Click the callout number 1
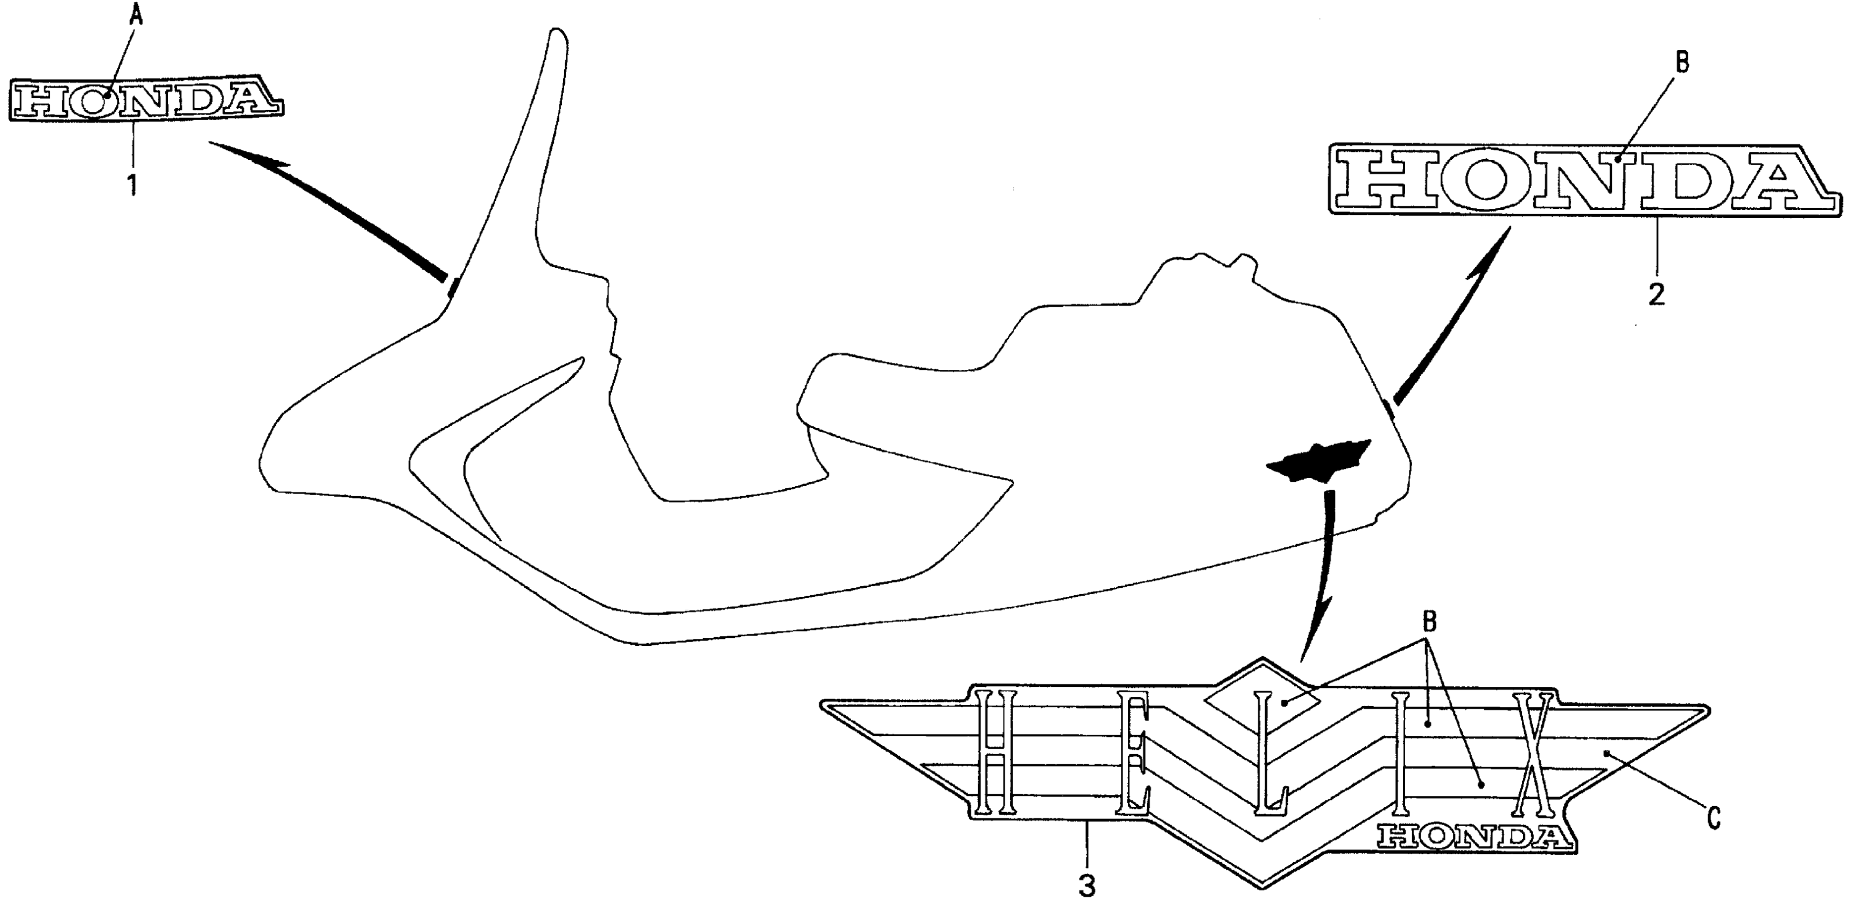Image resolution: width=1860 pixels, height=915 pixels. (132, 185)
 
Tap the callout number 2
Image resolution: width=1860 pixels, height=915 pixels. (1657, 294)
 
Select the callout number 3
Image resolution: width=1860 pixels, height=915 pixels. (1087, 885)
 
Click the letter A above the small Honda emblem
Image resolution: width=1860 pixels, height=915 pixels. (136, 16)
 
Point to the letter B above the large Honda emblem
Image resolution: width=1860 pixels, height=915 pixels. (1682, 63)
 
